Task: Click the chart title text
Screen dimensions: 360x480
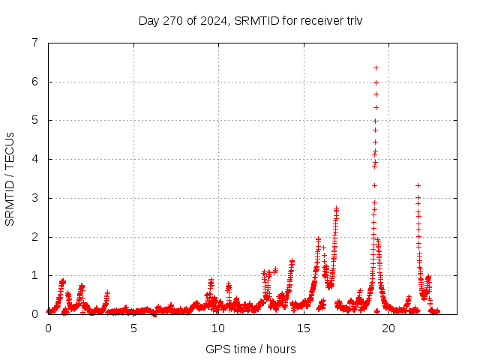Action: pos(250,20)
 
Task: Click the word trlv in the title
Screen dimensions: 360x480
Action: pos(352,20)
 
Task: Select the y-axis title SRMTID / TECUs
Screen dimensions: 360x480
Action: pos(10,178)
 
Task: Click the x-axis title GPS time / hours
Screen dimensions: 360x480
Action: pos(250,349)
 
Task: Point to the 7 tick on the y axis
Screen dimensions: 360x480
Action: pos(34,43)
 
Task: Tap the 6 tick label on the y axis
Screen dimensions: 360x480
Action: pos(34,82)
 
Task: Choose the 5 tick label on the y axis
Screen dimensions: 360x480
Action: pos(34,120)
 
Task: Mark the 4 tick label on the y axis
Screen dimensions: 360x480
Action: pos(34,159)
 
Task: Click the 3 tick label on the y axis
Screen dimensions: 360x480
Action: pos(34,198)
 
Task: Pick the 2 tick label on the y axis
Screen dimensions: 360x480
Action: pos(34,237)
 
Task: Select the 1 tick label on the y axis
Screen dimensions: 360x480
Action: pos(34,275)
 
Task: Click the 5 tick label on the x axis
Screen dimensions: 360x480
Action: pos(133,328)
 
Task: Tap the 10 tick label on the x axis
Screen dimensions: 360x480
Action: pos(218,328)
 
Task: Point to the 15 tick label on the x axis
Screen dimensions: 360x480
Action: pos(304,328)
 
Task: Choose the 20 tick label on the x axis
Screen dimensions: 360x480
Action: pos(388,328)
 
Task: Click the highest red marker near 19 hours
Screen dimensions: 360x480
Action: pos(376,67)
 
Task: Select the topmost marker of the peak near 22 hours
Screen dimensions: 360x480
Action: pos(418,185)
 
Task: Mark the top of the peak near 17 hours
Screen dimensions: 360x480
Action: pos(336,208)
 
